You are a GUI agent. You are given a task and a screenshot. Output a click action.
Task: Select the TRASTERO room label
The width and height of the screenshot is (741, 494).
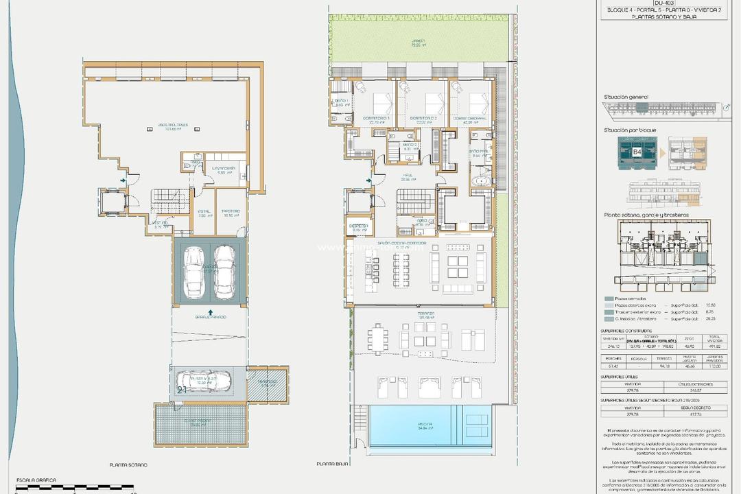(231, 213)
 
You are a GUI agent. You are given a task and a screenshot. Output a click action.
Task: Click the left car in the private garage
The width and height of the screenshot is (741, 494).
(196, 272)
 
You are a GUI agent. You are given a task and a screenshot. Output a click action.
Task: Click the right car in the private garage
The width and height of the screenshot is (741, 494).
(224, 272)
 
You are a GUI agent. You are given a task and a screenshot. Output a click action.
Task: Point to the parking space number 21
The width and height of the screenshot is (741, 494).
(182, 389)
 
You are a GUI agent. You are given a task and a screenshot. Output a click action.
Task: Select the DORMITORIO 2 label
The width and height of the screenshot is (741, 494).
(423, 119)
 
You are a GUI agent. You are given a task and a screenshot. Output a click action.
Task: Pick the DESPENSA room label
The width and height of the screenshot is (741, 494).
(359, 226)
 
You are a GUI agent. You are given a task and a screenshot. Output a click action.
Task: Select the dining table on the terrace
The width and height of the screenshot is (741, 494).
(378, 338)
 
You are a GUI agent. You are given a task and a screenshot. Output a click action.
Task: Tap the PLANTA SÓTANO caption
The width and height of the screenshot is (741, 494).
(129, 464)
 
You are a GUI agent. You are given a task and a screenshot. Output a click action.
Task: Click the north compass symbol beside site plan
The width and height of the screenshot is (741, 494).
(727, 108)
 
